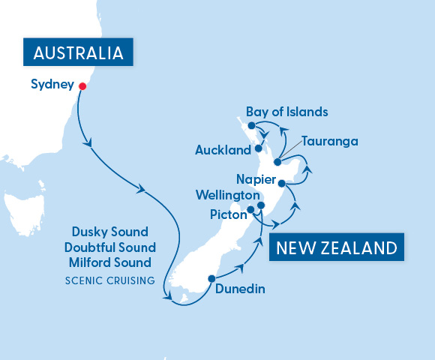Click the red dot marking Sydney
pyautogui.click(x=82, y=85)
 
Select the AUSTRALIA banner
pyautogui.click(x=78, y=53)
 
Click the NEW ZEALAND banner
pyautogui.click(x=335, y=248)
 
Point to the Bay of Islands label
pyautogui.click(x=287, y=112)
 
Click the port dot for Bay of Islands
pyautogui.click(x=252, y=125)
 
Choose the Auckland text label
pyautogui.click(x=223, y=150)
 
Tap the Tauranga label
pyautogui.click(x=329, y=141)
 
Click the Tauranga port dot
pyautogui.click(x=277, y=162)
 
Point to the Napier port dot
pyautogui.click(x=281, y=183)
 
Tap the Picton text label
pyautogui.click(x=229, y=214)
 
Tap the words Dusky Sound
pyautogui.click(x=109, y=232)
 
